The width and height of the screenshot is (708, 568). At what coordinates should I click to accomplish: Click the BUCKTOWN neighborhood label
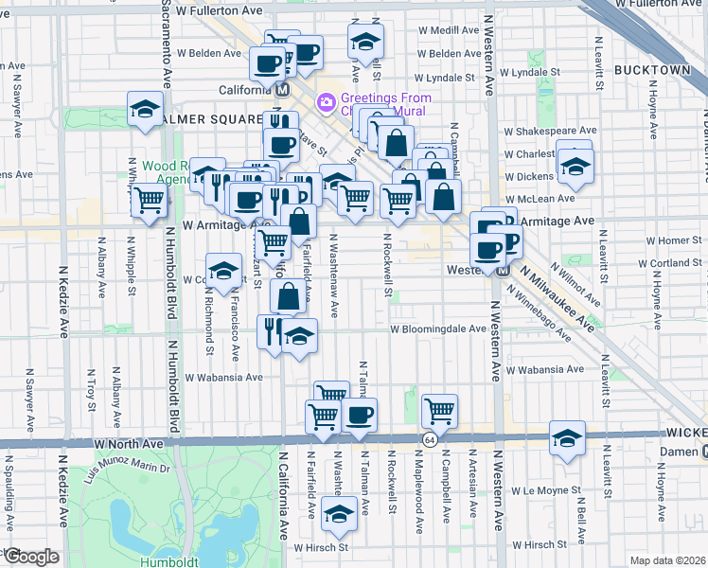[652, 70]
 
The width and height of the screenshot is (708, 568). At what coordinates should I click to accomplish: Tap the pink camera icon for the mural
[327, 100]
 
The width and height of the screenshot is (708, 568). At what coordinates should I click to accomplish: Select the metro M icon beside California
[282, 90]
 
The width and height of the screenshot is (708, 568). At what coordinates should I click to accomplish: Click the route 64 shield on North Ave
[431, 441]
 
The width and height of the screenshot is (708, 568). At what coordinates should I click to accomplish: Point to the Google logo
[32, 557]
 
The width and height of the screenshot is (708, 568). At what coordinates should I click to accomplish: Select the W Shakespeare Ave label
[550, 131]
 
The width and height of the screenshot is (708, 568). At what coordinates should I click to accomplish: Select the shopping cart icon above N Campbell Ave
[439, 411]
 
